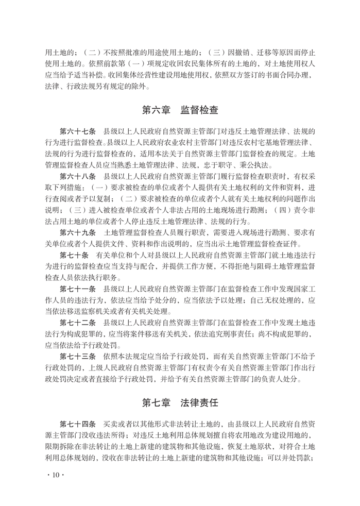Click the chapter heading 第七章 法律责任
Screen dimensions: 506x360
tap(180, 401)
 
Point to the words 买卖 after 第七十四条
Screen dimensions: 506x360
tap(110, 425)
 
